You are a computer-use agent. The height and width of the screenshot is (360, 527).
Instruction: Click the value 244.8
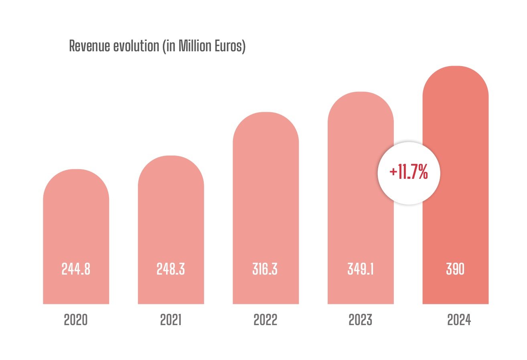click(76, 269)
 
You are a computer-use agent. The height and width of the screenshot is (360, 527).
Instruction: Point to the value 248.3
click(171, 269)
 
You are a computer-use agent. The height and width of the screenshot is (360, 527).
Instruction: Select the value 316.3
click(265, 269)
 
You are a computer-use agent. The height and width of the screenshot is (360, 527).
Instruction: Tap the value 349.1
click(361, 269)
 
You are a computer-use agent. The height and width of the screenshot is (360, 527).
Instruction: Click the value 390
click(455, 269)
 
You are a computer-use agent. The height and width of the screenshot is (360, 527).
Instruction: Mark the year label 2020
click(76, 320)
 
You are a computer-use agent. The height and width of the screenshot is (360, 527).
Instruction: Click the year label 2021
click(171, 320)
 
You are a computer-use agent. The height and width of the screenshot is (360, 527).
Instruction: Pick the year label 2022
click(266, 320)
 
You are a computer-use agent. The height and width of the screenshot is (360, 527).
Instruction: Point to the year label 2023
click(361, 320)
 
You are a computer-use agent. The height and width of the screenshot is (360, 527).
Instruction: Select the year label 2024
click(459, 320)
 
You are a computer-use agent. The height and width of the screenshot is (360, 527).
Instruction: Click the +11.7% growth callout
click(409, 173)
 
